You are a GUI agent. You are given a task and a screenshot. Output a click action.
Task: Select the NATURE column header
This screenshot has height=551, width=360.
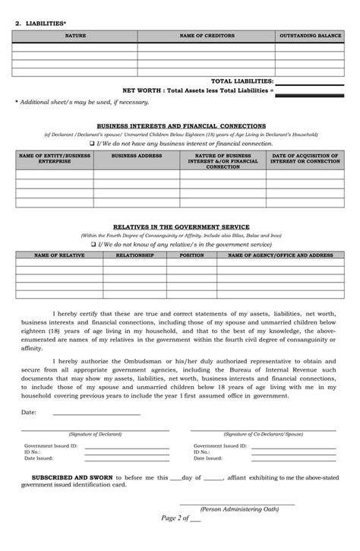click(x=75, y=36)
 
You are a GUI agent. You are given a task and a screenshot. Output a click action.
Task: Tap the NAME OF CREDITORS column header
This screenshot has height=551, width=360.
click(x=206, y=36)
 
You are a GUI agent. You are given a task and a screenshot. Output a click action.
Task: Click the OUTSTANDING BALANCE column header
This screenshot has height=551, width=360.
click(x=310, y=36)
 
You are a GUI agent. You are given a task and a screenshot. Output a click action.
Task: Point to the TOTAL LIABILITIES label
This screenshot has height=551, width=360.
click(x=241, y=81)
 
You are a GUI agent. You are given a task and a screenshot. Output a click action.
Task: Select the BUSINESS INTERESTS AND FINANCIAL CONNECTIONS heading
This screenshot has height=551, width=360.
click(x=181, y=125)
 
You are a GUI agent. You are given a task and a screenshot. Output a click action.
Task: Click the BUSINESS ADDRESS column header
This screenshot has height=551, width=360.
click(x=137, y=155)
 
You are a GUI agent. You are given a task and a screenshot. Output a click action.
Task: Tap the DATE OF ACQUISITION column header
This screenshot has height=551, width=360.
click(x=305, y=158)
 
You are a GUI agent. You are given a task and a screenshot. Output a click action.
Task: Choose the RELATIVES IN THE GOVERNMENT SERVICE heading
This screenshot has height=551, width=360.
click(x=181, y=227)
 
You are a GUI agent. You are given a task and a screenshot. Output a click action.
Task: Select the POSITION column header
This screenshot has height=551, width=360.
click(x=191, y=255)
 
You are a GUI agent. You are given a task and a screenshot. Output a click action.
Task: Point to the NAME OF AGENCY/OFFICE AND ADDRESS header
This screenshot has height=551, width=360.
click(x=280, y=255)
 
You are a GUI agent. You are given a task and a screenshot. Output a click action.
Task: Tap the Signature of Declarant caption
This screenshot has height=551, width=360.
click(x=95, y=434)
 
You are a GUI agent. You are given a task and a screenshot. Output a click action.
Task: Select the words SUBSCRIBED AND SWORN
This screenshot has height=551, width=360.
click(x=71, y=478)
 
